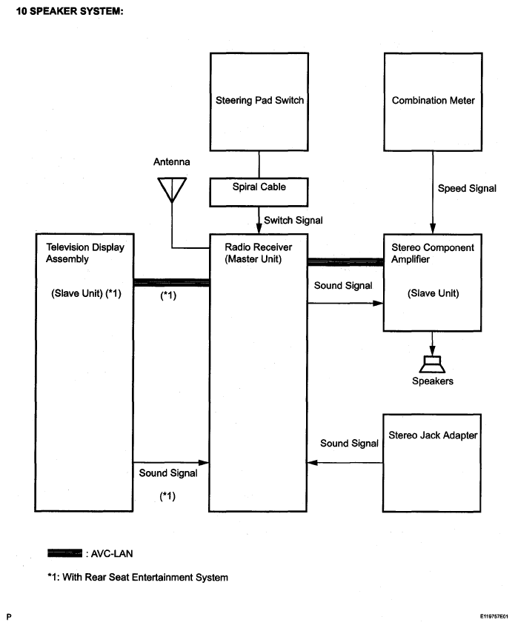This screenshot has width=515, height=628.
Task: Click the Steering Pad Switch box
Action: pos(259,101)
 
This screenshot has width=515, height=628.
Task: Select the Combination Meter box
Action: pos(433,101)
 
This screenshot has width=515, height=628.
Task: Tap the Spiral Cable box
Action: pos(259,193)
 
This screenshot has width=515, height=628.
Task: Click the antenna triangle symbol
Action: pos(172,190)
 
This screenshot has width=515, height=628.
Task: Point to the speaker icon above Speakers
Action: pos(433,364)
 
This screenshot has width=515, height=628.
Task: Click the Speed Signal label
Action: pos(467,188)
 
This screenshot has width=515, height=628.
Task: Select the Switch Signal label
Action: pos(293,220)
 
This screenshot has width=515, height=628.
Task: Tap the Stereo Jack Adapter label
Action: pos(433,435)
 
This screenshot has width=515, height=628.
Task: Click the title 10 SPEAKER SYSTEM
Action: pos(70,11)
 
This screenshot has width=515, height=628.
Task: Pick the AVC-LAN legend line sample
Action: pos(64,553)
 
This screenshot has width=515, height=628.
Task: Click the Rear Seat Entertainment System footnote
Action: pos(138,577)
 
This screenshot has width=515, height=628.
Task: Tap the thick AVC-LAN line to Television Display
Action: pos(171,282)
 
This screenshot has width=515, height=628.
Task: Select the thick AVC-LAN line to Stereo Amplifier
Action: pos(345,262)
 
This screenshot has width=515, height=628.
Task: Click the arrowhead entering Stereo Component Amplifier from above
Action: pos(433,229)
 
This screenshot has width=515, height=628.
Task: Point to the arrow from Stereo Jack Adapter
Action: pos(345,463)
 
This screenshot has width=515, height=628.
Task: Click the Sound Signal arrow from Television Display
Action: pos(171,463)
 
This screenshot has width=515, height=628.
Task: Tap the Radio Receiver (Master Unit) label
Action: pos(258,253)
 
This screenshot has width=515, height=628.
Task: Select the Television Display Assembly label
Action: pos(85,253)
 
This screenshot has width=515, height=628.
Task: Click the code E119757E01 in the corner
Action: pos(494,616)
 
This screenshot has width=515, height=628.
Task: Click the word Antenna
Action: pos(171,161)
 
